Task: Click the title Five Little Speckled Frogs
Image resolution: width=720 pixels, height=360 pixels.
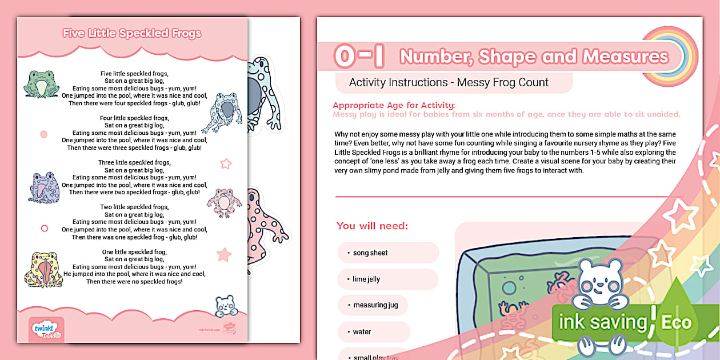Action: (x=132, y=33)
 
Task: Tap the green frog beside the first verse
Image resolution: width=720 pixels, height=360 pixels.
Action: (x=41, y=84)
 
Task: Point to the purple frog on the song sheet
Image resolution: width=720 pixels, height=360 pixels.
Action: (x=44, y=187)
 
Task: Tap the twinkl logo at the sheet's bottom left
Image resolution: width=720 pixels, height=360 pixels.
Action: (x=46, y=330)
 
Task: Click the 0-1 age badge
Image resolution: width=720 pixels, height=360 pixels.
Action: (x=359, y=57)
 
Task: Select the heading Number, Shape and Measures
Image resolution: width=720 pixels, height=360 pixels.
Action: (x=534, y=57)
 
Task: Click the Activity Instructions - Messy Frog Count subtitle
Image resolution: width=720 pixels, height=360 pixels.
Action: (x=449, y=83)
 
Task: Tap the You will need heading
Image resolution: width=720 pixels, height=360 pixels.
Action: (x=372, y=226)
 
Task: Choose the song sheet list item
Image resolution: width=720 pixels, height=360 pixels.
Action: (x=370, y=253)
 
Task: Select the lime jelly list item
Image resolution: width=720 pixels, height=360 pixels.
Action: (x=366, y=279)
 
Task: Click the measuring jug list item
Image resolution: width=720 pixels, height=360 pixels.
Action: (x=375, y=305)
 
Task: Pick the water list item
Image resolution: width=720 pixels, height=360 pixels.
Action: (x=362, y=331)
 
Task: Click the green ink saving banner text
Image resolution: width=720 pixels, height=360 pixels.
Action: (x=602, y=322)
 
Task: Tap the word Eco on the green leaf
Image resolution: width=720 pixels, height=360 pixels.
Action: (x=676, y=322)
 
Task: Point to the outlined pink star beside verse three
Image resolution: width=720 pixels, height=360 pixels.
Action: (x=226, y=164)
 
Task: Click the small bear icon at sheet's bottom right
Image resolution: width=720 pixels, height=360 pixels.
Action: (x=226, y=306)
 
